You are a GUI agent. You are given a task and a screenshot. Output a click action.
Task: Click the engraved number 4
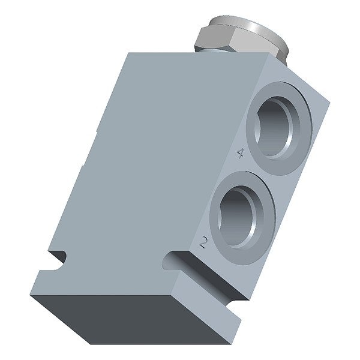[240, 153]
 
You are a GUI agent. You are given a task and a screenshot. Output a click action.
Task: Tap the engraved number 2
[203, 242]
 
